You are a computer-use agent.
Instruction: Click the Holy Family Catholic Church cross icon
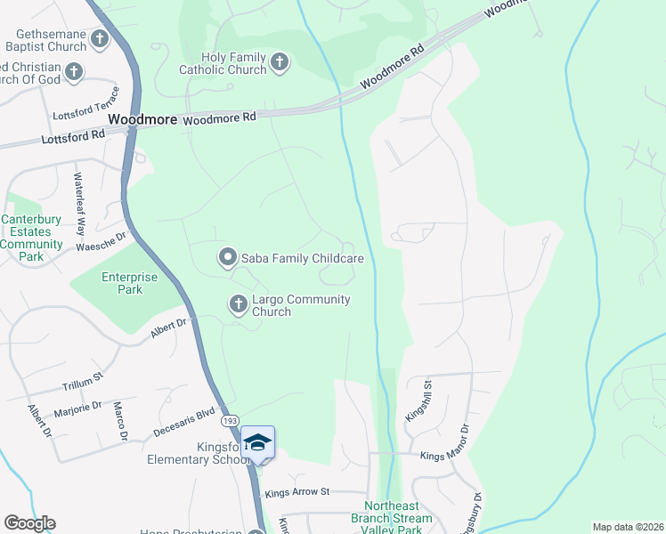280,62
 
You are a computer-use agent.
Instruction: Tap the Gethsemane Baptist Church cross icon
99,38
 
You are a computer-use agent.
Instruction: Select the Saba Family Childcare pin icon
227,258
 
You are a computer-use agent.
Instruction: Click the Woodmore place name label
142,118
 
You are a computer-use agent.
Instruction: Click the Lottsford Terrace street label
86,115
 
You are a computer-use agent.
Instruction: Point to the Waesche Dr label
102,241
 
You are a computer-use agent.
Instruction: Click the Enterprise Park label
129,284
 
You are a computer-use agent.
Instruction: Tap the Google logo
29,523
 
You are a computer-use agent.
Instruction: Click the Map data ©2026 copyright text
628,527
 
